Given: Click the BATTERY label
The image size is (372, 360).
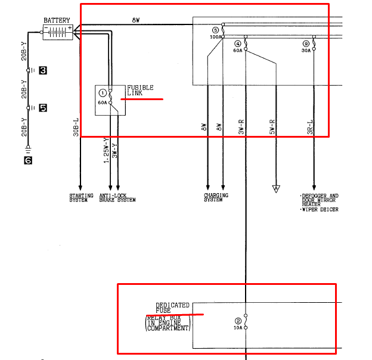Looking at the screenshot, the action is coord(57,20).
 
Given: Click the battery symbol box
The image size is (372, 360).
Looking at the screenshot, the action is coord(58,32).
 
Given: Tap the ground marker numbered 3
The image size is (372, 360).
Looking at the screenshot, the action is coord(43,70).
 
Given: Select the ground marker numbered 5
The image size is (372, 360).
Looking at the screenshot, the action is coord(43,108).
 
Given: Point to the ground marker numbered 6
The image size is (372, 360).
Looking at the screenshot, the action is coord(28,160).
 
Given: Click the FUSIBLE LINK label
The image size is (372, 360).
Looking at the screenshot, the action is coord(140,91).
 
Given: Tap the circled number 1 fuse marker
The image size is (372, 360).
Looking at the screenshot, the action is coord(103,93).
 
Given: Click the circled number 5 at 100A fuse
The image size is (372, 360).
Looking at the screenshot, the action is coord(215,30).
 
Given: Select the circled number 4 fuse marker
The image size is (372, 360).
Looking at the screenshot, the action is coord(238,44).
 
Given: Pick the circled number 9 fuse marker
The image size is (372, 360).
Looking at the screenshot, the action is coord(306,44).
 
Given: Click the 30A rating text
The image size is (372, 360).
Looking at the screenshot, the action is coord(306,51).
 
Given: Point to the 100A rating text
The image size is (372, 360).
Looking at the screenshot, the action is coord(216,37).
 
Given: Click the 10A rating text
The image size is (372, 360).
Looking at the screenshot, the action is coord(238,328).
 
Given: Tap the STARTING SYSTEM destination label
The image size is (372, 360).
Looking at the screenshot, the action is coord(81,198).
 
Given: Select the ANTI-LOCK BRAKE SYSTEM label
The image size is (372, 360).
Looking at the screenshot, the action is coord(117,198).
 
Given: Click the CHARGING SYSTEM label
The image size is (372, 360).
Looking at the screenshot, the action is coord(216,197).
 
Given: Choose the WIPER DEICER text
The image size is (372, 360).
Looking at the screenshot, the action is coord(320,210).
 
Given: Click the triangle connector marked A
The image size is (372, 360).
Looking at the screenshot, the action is coord(276,189).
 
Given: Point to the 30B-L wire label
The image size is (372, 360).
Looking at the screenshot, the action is coord(76,128).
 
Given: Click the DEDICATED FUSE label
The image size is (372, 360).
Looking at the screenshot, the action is coord(172,308).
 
